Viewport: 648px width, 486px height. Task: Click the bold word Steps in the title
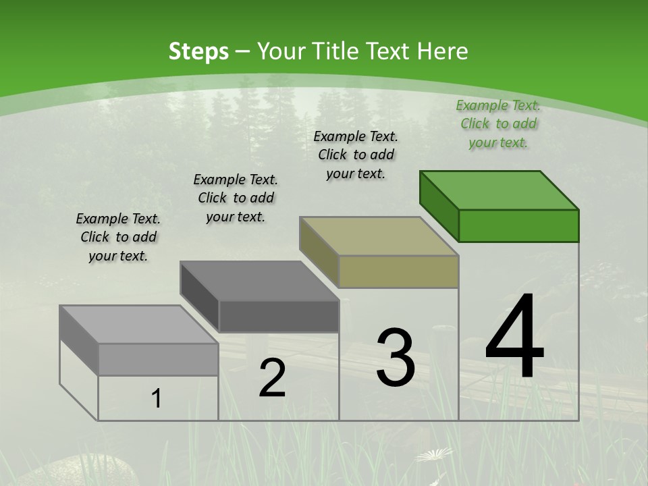(198, 51)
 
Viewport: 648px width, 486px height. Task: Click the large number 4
(514, 337)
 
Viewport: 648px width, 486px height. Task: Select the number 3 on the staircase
(396, 358)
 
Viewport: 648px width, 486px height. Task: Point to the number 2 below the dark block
(273, 378)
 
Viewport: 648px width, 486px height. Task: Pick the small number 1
(157, 398)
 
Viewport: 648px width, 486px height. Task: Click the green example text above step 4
(498, 124)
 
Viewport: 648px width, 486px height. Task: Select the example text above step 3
(356, 155)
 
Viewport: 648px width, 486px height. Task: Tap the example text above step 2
(236, 198)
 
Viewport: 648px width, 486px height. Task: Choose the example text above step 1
(118, 237)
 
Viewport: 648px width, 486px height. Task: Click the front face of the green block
(518, 225)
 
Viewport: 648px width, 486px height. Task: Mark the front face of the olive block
(398, 271)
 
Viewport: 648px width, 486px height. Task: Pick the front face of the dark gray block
(279, 316)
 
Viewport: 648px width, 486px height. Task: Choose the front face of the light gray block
(158, 359)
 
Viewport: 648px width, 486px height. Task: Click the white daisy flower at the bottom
(433, 454)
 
